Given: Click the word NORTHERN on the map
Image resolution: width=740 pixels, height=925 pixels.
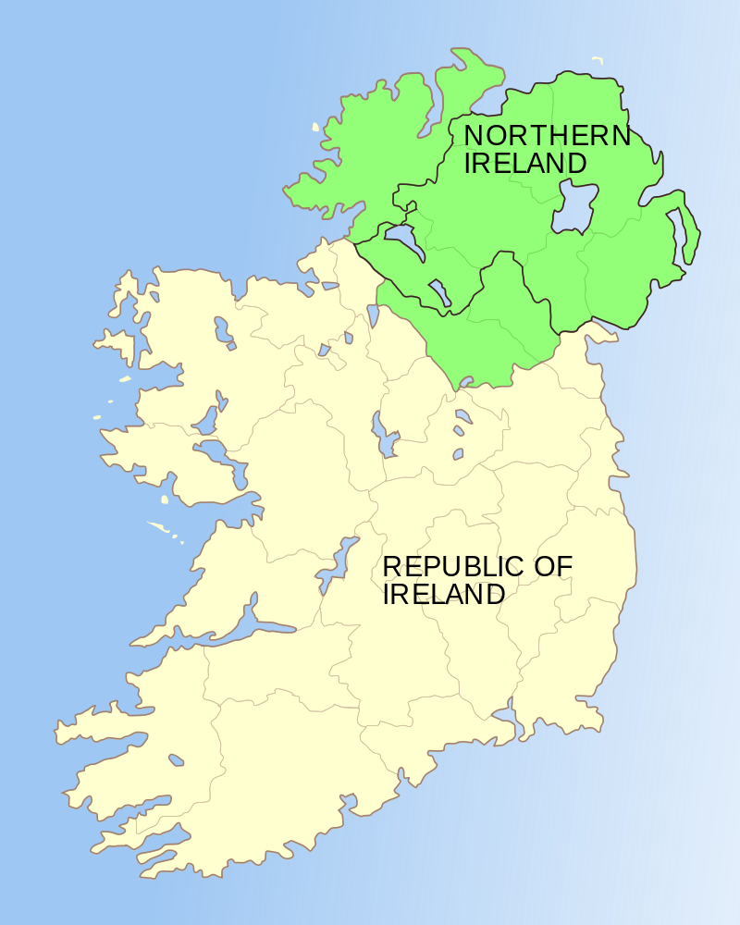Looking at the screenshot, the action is tap(547, 136).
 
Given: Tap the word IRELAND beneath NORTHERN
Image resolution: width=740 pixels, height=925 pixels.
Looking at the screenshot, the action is tap(525, 165).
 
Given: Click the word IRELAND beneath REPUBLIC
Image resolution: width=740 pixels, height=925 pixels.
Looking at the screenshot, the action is tap(444, 594).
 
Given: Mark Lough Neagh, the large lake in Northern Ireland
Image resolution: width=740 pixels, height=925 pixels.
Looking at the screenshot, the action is tap(573, 208).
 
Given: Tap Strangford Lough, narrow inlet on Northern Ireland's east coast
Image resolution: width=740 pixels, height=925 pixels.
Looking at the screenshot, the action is tap(685, 236).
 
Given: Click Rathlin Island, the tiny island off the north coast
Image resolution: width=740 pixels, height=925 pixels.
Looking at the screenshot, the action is tap(598, 61).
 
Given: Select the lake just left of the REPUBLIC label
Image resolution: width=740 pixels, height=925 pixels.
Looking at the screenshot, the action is tap(338, 564).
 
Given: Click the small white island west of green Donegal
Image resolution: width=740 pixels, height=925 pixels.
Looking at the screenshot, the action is tap(315, 128).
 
